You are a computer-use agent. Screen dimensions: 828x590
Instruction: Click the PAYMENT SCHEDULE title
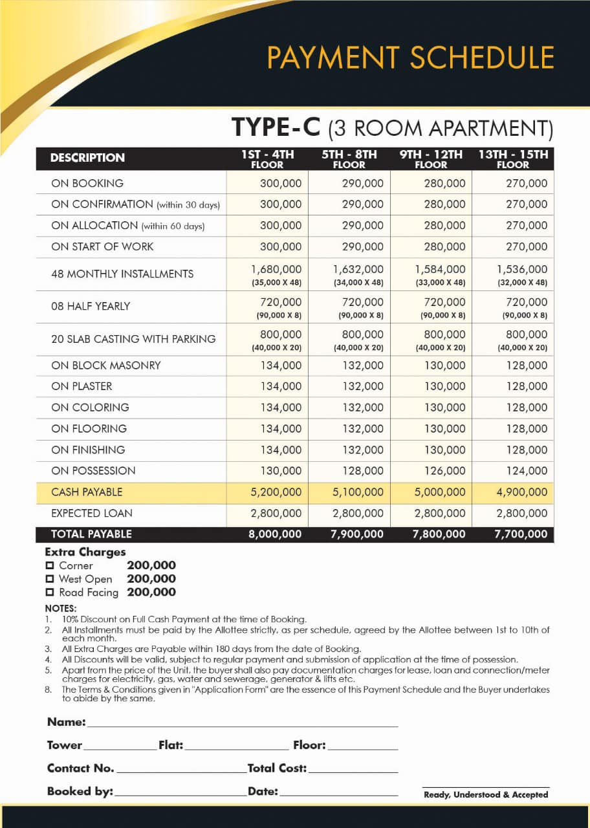tap(411, 58)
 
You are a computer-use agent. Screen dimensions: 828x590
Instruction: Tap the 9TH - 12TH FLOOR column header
tap(431, 159)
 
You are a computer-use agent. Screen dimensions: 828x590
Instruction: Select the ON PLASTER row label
tap(82, 386)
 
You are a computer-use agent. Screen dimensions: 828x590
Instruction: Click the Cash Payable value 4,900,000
tap(521, 492)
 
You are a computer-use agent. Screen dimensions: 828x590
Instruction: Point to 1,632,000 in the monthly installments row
tap(358, 269)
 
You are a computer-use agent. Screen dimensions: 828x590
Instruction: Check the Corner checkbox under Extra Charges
tap(50, 566)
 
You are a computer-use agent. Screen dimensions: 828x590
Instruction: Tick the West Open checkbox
tap(50, 580)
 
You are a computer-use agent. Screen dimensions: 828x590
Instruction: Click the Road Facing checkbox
tap(50, 593)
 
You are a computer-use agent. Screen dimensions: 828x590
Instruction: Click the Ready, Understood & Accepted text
tap(486, 794)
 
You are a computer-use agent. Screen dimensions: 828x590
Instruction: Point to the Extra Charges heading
tap(85, 552)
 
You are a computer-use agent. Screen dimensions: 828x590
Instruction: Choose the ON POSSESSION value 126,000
tap(440, 471)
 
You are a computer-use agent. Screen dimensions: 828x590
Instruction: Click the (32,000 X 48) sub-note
tap(523, 283)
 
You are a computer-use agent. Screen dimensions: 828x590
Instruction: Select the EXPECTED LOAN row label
tap(92, 514)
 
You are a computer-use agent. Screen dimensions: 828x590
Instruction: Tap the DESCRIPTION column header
tap(87, 158)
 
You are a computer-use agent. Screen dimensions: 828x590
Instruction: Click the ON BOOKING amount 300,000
tap(281, 184)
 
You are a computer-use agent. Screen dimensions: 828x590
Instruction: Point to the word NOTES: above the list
tap(61, 609)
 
